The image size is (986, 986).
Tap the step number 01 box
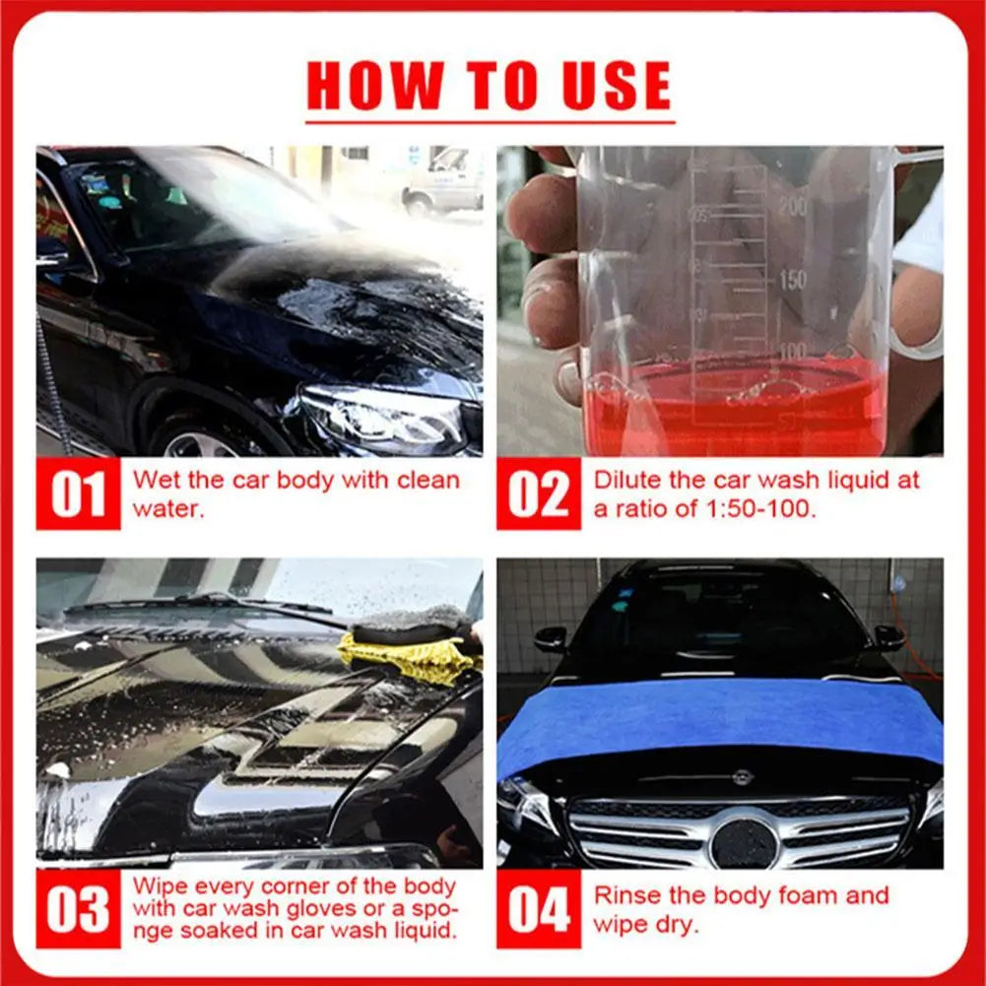pyautogui.click(x=78, y=493)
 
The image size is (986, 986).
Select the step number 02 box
pyautogui.click(x=538, y=493)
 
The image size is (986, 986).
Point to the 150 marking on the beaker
pyautogui.click(x=793, y=280)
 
